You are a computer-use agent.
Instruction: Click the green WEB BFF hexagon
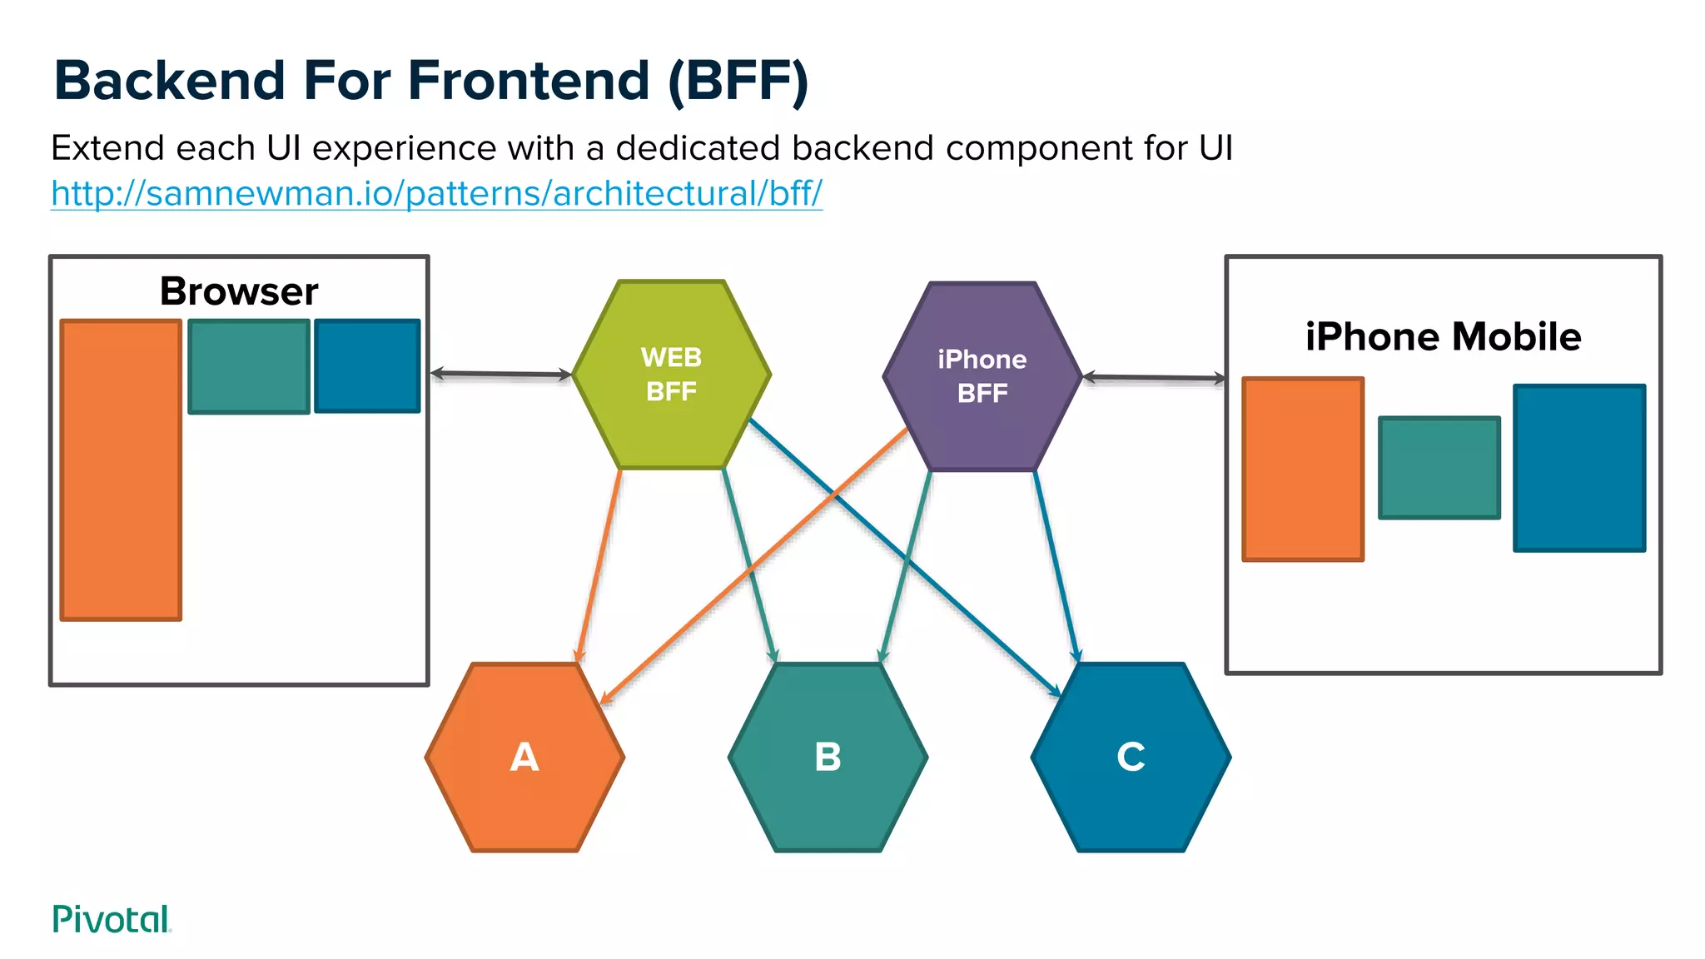tap(671, 375)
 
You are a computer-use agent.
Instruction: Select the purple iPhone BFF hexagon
tap(982, 376)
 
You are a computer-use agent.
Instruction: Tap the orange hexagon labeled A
tap(524, 758)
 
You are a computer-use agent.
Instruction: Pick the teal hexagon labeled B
tap(828, 758)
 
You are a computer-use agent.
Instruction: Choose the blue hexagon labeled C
tap(1131, 758)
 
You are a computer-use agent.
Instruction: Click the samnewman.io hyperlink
tap(436, 193)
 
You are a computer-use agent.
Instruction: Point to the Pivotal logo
tap(111, 919)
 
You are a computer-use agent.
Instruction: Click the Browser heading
tap(239, 291)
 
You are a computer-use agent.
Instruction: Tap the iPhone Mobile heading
tap(1443, 336)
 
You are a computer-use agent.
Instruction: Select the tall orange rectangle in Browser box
tap(121, 470)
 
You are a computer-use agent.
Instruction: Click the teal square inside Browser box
tap(249, 366)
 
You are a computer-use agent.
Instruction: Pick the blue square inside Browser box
tap(367, 366)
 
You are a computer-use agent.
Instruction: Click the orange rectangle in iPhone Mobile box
tap(1303, 470)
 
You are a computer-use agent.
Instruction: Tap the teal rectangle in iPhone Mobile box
tap(1439, 468)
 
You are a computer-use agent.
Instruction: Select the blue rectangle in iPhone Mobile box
tap(1579, 468)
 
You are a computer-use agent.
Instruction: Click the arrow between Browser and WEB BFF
tap(500, 375)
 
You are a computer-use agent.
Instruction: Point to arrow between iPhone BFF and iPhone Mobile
tap(1154, 378)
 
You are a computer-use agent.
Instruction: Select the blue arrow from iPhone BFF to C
tap(1056, 566)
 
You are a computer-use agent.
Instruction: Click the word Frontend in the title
tap(528, 81)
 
